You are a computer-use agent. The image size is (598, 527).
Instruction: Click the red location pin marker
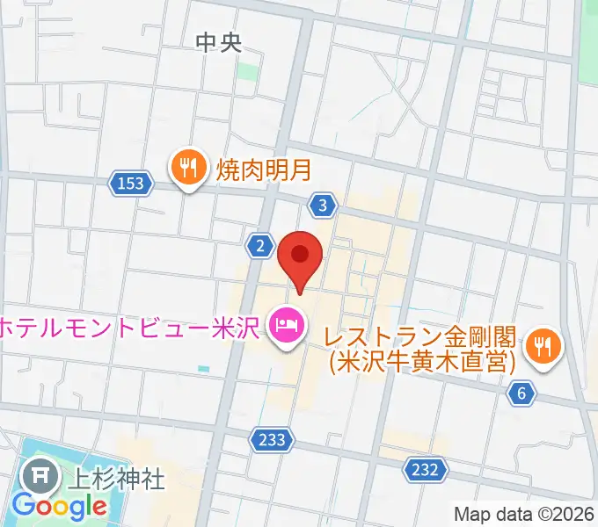(301, 256)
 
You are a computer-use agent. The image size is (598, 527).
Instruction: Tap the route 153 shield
(130, 183)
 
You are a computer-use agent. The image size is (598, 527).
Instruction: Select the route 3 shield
(324, 206)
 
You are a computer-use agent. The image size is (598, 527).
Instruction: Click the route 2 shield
(259, 247)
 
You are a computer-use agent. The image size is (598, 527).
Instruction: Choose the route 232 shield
(424, 470)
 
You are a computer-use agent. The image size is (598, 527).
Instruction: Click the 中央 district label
(218, 40)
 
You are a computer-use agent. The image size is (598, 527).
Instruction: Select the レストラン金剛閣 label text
(421, 336)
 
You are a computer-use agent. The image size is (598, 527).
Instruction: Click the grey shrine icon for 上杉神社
(40, 478)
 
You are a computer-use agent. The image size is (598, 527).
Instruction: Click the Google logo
(60, 506)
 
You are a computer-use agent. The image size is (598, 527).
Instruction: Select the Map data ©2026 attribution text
(524, 515)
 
